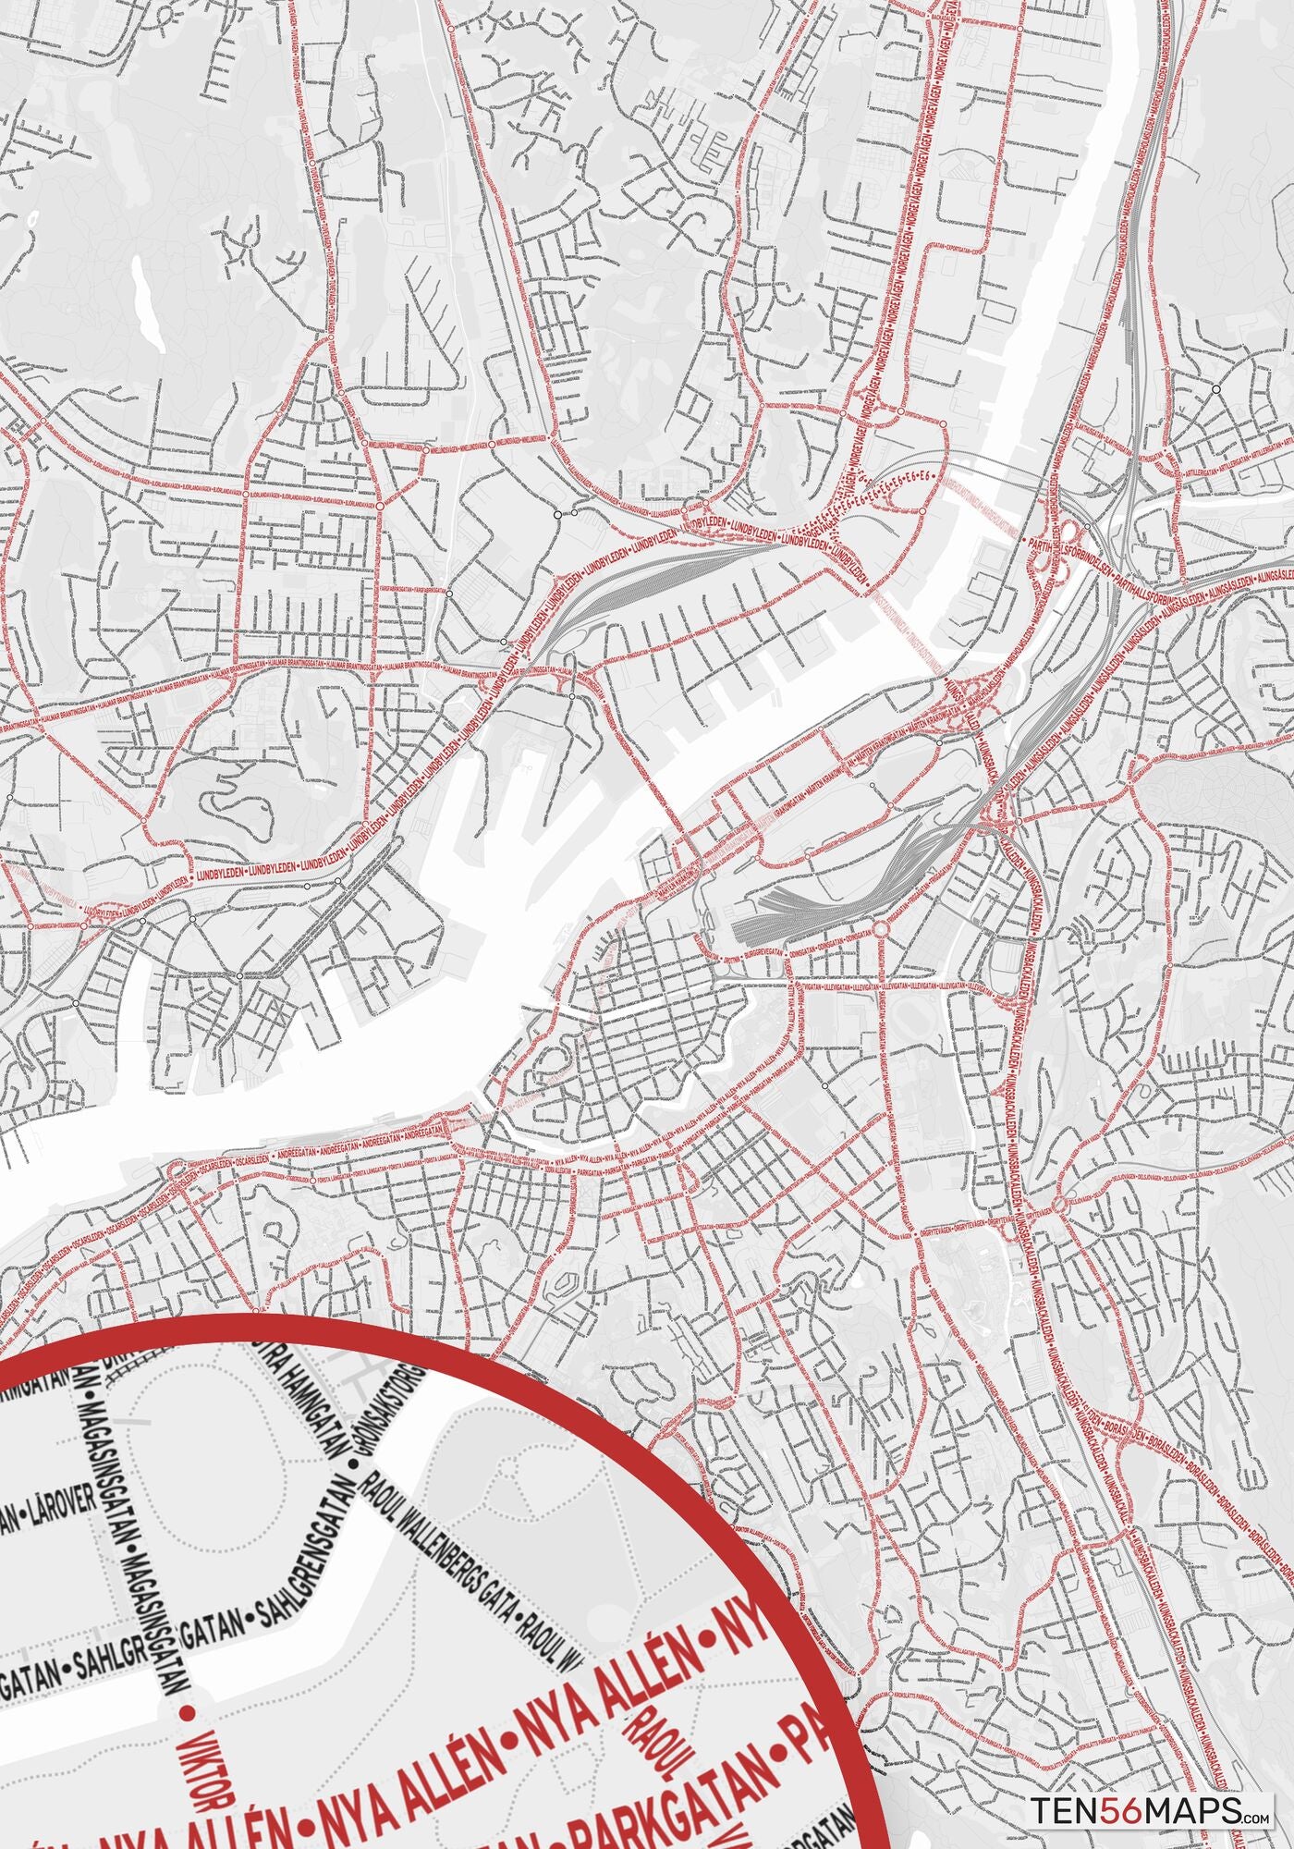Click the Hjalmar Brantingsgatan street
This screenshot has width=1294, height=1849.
277,667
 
